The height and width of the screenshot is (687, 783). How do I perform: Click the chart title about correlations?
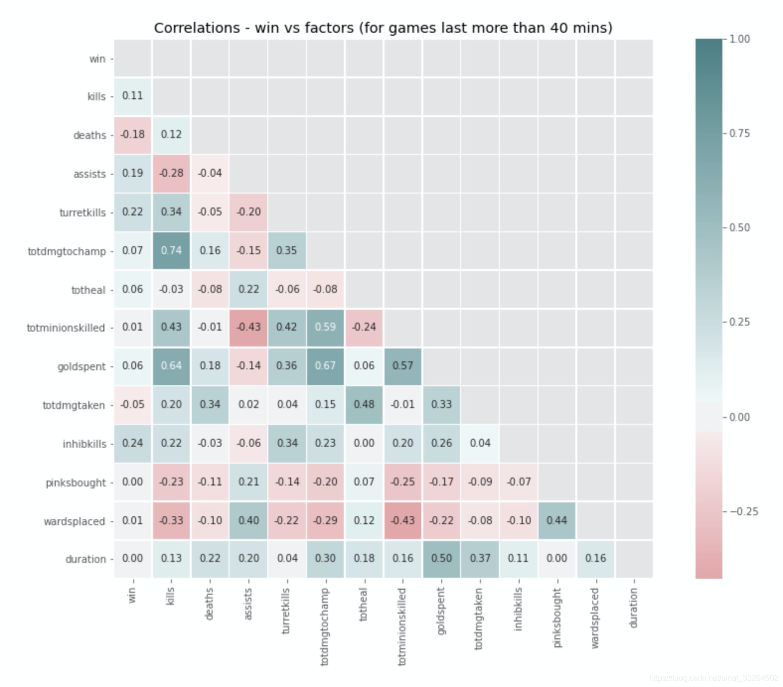click(x=383, y=28)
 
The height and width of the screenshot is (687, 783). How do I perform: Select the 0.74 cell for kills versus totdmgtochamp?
click(x=171, y=251)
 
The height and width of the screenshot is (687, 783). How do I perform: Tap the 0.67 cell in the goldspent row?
click(x=325, y=366)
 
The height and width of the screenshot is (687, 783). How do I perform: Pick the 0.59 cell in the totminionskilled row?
click(x=325, y=327)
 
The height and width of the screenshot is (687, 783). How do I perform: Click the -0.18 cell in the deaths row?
click(x=133, y=135)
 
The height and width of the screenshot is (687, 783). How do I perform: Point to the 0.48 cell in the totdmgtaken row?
click(x=364, y=405)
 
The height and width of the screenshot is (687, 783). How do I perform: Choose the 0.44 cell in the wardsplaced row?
click(x=557, y=521)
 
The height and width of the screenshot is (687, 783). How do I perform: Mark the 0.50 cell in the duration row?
click(x=441, y=558)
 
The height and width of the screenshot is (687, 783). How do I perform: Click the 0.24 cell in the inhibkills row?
click(x=133, y=443)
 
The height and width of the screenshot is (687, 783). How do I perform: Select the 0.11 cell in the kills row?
click(x=133, y=96)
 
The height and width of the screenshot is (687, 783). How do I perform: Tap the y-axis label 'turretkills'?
click(x=82, y=213)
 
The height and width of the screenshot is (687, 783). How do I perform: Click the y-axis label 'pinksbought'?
click(x=76, y=483)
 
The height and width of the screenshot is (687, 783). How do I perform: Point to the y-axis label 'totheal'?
click(x=88, y=290)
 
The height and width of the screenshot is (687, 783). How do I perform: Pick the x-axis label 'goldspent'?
click(x=441, y=611)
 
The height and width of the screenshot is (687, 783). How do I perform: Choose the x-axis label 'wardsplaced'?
click(x=595, y=618)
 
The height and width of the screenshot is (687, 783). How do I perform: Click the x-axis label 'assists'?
click(x=248, y=604)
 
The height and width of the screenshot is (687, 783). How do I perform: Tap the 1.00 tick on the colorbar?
click(x=739, y=39)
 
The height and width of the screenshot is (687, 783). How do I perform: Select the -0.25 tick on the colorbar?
click(x=744, y=512)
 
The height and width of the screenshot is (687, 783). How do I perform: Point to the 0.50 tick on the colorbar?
click(x=739, y=228)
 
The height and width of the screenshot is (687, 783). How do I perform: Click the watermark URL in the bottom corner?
click(x=713, y=678)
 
